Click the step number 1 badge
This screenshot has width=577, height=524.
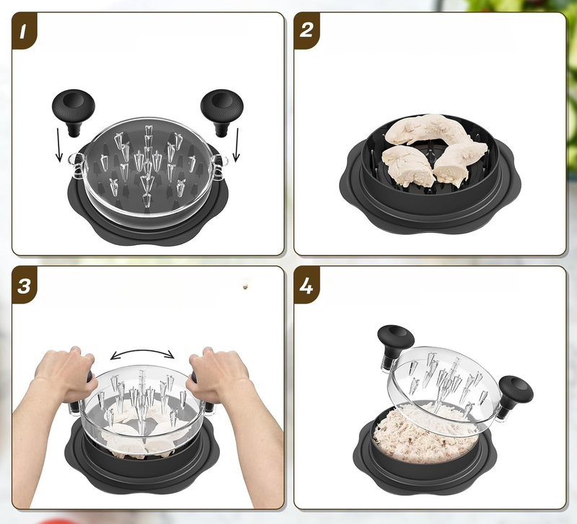pyautogui.click(x=24, y=31)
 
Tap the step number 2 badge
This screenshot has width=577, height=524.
pyautogui.click(x=306, y=31)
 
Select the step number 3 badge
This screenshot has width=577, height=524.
pyautogui.click(x=24, y=285)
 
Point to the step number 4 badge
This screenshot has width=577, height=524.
pyautogui.click(x=306, y=285)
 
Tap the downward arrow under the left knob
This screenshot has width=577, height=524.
pyautogui.click(x=58, y=144)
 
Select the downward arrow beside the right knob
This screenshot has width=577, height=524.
pyautogui.click(x=237, y=145)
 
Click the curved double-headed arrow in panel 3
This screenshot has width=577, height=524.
pyautogui.click(x=142, y=352)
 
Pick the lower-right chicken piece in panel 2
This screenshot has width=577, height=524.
pyautogui.click(x=460, y=161)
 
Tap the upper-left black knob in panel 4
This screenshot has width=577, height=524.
pyautogui.click(x=395, y=345)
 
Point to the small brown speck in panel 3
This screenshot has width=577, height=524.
pyautogui.click(x=245, y=286)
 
